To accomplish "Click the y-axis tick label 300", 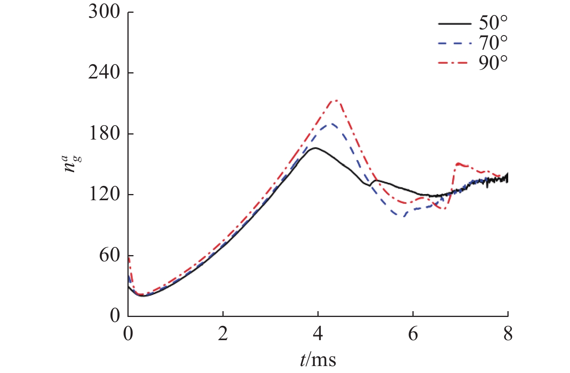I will coord(104,12).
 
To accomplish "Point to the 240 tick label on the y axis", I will coord(104,73).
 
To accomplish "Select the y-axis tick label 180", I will coord(104,134).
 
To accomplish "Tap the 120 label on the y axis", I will coord(104,194).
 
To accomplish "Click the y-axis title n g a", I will coord(72,164).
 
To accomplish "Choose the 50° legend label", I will coord(493,24).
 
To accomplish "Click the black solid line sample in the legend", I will coord(455,24).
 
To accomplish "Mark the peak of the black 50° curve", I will coord(316,148).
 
